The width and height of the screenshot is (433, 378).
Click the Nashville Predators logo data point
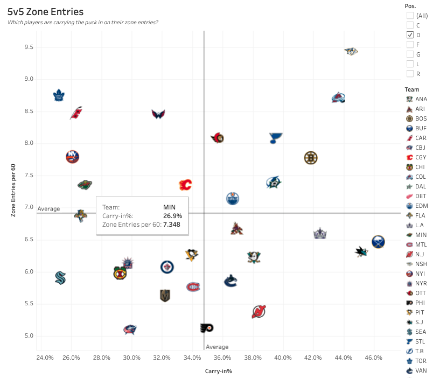coord(351,51)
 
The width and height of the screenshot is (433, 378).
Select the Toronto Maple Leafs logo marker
coord(59,96)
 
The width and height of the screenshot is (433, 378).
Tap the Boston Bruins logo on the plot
coord(310,158)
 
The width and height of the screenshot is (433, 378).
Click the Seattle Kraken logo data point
coord(60,278)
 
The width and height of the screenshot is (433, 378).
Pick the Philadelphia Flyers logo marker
coord(206,328)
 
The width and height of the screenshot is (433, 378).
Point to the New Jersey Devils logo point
coord(259,311)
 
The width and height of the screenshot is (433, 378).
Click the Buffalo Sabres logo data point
coord(379,241)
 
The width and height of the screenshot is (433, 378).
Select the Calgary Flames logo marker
coord(185,185)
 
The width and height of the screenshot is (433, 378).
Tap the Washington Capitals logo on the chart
coord(158,114)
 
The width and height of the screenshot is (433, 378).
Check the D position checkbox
coord(410,35)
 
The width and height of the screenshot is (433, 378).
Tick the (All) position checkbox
coord(410,16)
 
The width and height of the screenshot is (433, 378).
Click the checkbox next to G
coord(410,54)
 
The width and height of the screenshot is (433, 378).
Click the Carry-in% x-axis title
coord(218,371)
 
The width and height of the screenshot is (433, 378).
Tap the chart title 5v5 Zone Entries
coord(46,11)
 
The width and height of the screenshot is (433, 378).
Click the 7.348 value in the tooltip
coord(172,224)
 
